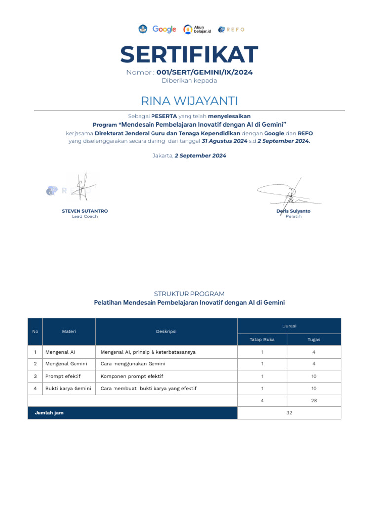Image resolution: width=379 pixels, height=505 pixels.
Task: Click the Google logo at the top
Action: [164, 29]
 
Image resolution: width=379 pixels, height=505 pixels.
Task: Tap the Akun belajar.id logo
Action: [197, 29]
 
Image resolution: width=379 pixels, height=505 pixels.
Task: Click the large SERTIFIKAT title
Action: [189, 54]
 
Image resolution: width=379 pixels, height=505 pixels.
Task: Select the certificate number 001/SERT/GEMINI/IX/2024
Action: [204, 72]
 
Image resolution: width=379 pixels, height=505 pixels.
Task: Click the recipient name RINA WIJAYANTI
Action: [189, 101]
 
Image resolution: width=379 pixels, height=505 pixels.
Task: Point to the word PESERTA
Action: [164, 116]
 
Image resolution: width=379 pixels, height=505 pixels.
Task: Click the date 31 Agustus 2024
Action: [225, 141]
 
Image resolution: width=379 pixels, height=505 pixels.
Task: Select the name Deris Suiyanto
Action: [294, 211]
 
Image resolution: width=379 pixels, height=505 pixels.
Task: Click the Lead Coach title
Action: [85, 216]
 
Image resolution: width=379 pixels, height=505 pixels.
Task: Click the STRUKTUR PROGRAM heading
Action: [189, 294]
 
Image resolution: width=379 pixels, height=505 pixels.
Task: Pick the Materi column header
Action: [69, 332]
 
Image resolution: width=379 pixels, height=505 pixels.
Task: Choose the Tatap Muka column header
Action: [262, 340]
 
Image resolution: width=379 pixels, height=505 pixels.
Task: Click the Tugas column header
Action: [314, 340]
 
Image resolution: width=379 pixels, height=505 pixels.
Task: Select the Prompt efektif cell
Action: [63, 376]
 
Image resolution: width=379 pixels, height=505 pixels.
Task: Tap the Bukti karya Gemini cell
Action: [68, 389]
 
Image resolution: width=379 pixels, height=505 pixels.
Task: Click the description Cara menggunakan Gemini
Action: [133, 364]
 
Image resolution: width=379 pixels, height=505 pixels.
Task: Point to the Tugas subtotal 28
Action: [314, 401]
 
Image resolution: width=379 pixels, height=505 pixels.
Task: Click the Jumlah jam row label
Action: [49, 413]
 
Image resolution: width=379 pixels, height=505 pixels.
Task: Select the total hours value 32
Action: [289, 413]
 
